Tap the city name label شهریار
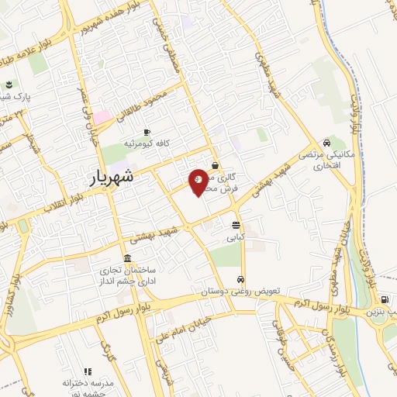click(106, 177)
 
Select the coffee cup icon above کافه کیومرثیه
click(147, 133)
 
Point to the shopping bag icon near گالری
click(215, 165)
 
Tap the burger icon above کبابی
click(236, 226)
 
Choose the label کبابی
click(236, 236)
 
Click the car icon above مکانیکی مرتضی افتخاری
click(329, 143)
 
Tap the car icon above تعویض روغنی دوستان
click(240, 279)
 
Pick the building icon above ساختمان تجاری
click(127, 259)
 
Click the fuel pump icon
click(385, 299)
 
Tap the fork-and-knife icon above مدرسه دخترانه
click(87, 373)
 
